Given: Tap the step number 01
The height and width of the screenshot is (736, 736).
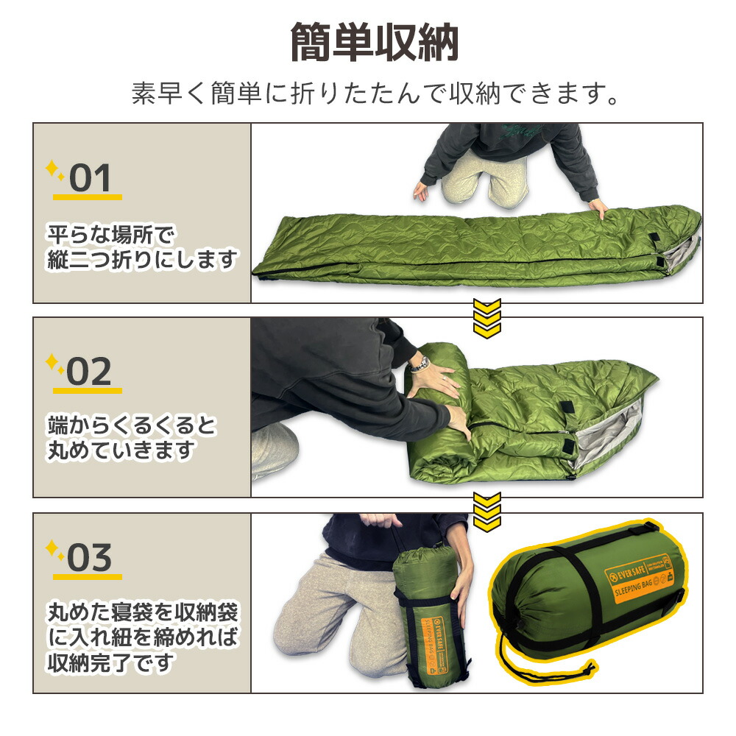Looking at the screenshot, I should (90, 178).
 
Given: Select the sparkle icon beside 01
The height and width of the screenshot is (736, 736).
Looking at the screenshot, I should (55, 171).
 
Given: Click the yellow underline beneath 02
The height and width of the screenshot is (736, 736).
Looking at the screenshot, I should (87, 390).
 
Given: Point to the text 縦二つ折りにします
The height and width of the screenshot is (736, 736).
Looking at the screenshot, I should (143, 259).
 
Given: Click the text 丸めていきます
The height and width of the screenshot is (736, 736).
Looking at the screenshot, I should (121, 450).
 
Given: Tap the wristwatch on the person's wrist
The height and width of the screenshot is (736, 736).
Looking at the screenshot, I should (420, 363).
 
